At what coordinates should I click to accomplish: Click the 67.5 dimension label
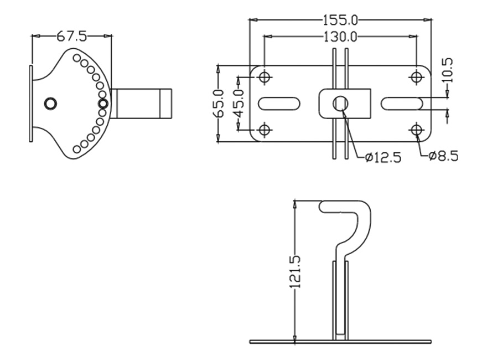point(71,37)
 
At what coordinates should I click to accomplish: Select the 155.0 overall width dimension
point(340,20)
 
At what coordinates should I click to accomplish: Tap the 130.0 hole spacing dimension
point(340,37)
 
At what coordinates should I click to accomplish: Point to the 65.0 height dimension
point(217,104)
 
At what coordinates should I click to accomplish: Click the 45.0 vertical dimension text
point(239,104)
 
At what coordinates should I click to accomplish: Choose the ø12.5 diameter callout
point(383,157)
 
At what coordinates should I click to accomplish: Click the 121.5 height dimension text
point(295,271)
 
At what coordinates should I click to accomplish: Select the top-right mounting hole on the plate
point(417,77)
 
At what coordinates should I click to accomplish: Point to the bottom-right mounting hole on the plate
point(417,130)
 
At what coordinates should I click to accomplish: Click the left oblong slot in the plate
point(279,104)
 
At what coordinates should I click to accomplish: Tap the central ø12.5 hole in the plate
point(340,103)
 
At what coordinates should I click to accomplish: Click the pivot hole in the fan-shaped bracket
point(50,103)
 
